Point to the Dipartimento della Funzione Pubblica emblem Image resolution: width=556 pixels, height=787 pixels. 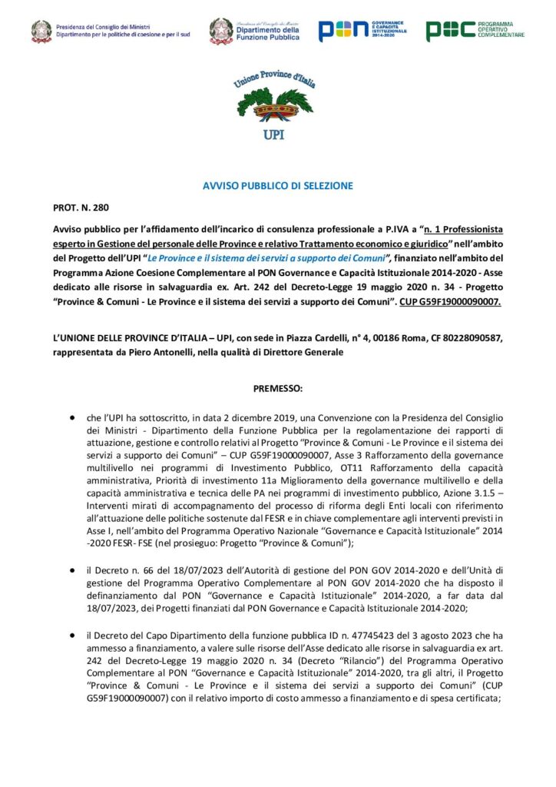pos(222,31)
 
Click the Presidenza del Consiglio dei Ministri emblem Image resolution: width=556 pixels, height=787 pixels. pos(41,31)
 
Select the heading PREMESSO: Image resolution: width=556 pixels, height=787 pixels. pos(277,389)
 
